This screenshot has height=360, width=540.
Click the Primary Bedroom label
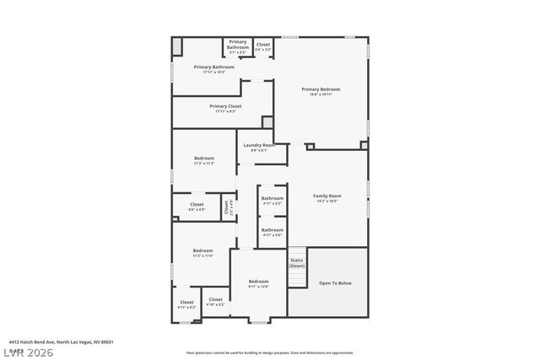point(321,89)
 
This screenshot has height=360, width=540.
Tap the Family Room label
point(327,196)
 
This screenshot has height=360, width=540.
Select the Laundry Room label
point(259,146)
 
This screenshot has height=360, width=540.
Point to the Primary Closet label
point(226,106)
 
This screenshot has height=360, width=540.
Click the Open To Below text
point(335,283)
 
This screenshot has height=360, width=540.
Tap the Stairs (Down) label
point(297,262)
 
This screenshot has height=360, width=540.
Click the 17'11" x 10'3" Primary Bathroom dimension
point(213,73)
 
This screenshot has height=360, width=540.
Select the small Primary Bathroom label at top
point(238,43)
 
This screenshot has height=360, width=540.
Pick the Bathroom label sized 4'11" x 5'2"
point(272,199)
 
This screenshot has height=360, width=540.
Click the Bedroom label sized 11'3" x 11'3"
point(204,159)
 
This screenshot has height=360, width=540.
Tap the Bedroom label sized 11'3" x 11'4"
point(202,250)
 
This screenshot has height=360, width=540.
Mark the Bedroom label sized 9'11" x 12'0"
point(258,282)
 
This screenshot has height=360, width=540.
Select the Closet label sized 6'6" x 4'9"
point(197,204)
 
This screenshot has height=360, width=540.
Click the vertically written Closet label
point(226,205)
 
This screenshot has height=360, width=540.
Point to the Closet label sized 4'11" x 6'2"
point(186,302)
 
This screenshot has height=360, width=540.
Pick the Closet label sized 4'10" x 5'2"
point(215,299)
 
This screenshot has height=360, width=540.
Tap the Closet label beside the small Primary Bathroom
point(263,45)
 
